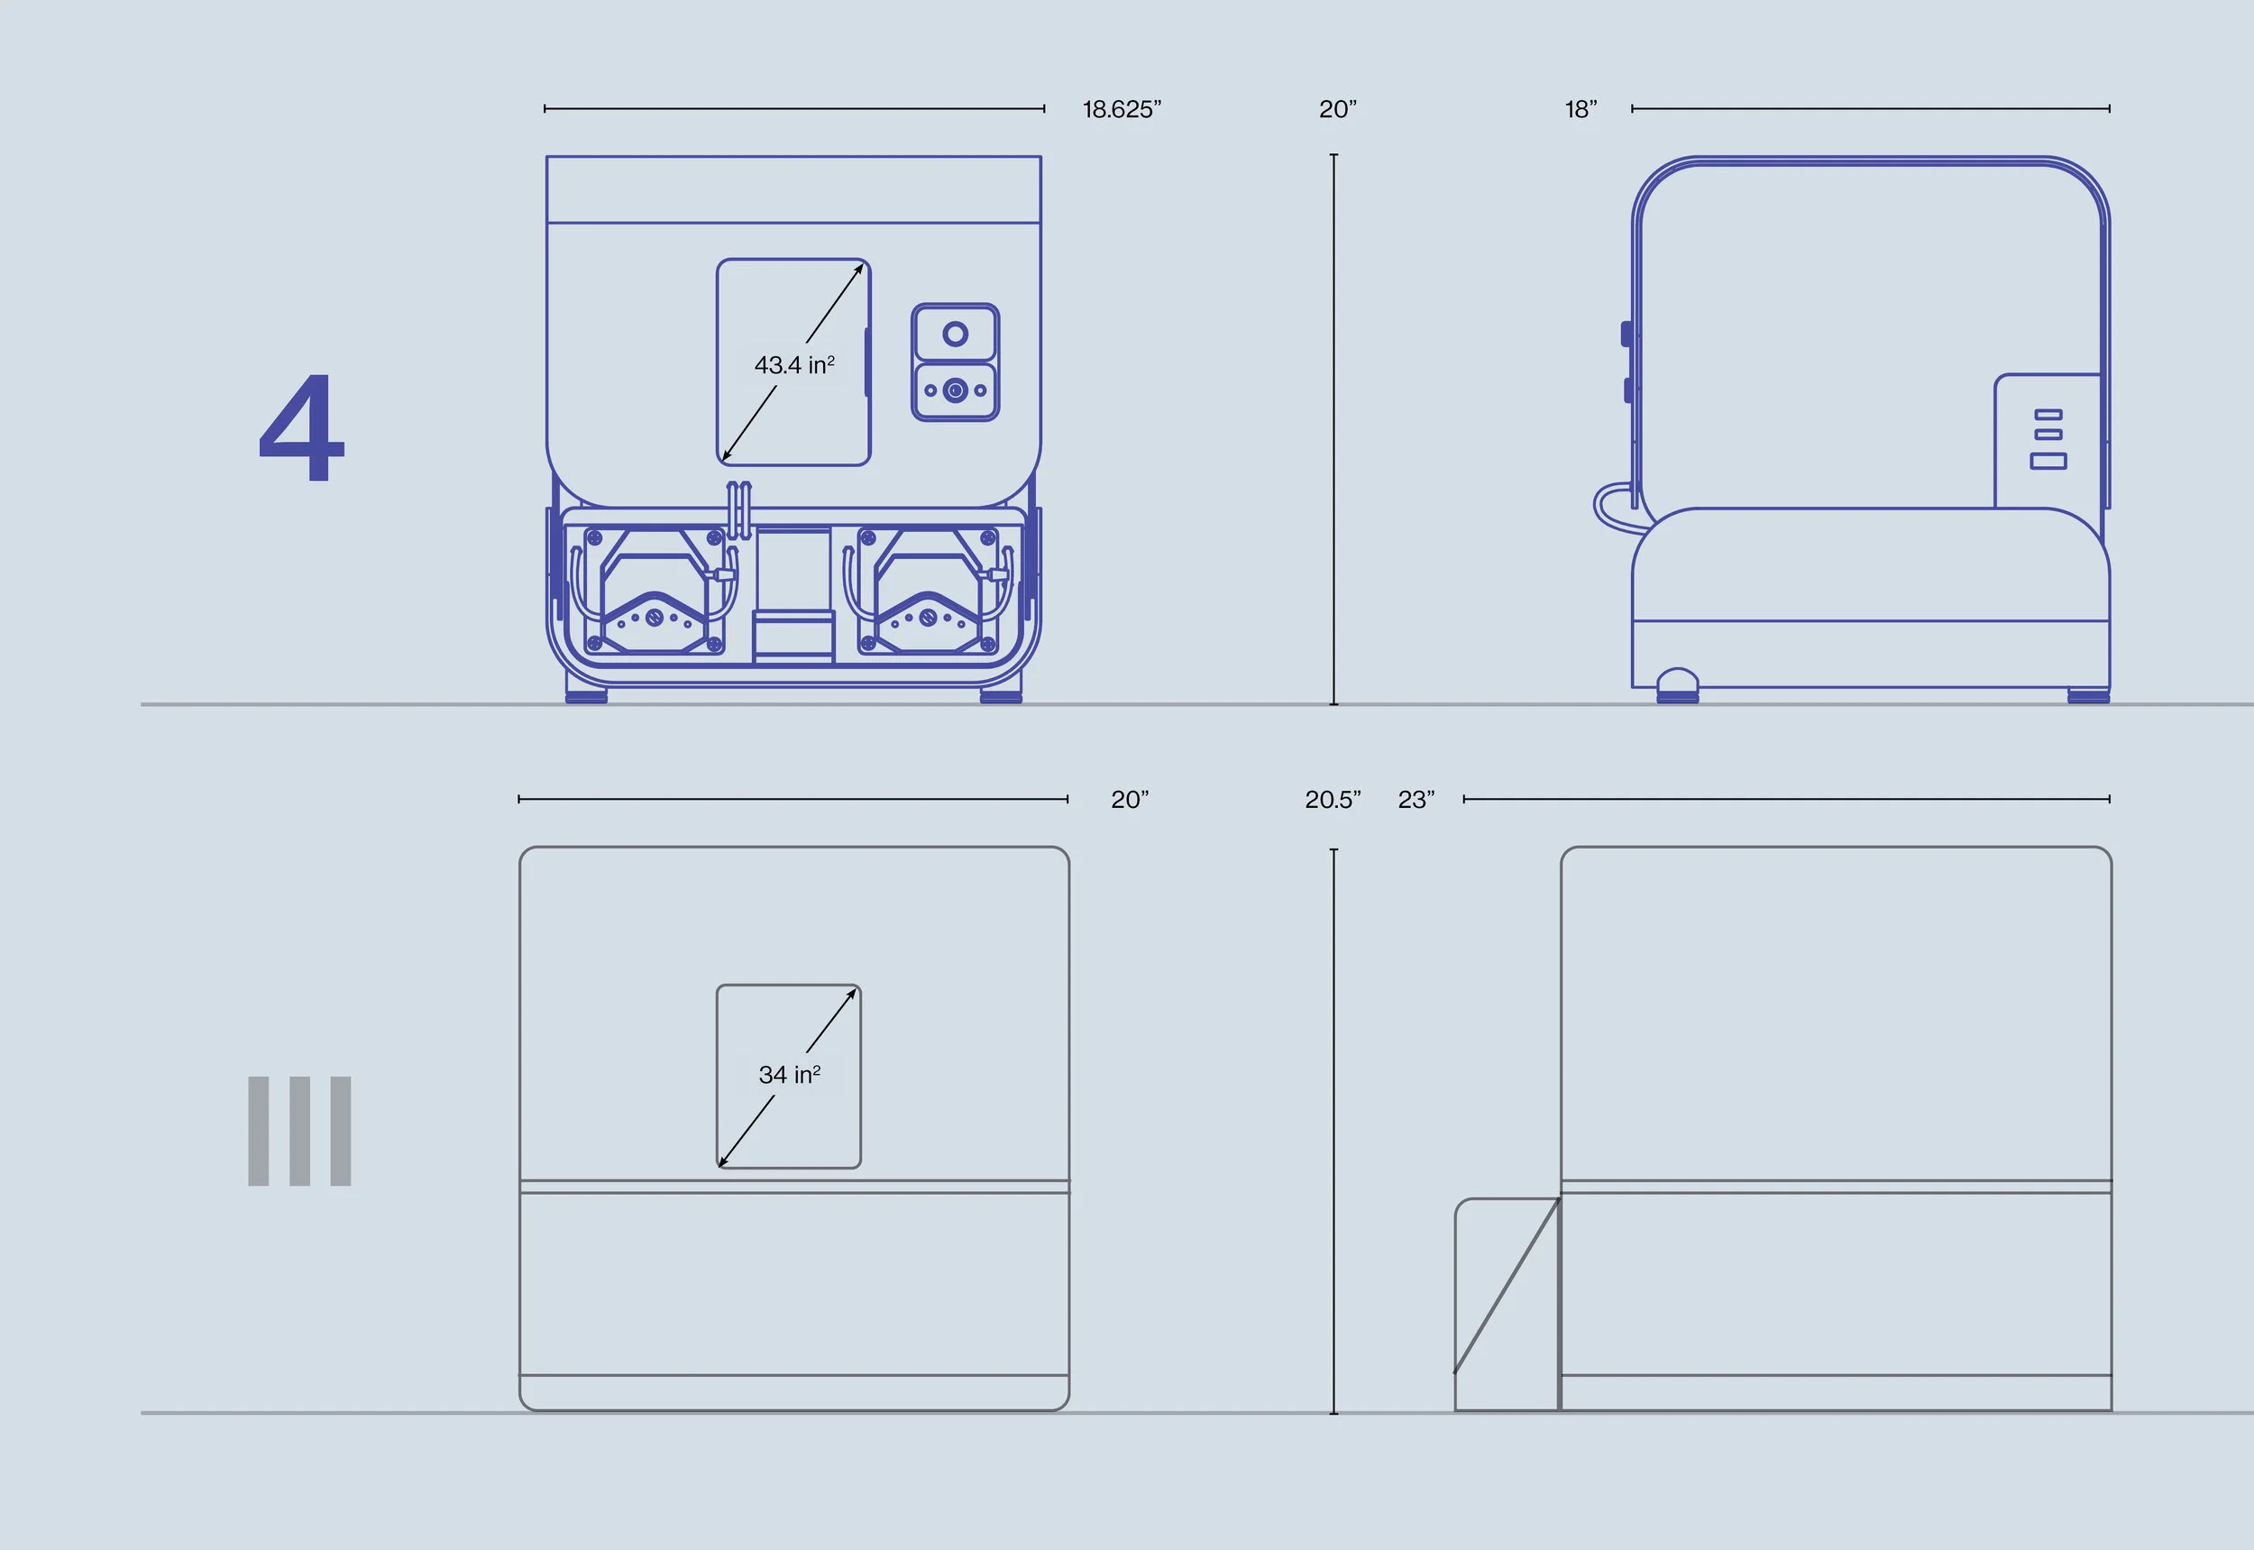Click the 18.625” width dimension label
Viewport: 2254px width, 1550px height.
click(1122, 110)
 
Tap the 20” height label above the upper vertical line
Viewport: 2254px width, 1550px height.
click(1337, 110)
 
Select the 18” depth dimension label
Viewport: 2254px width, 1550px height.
click(1580, 110)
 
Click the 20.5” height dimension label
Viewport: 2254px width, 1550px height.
click(1332, 801)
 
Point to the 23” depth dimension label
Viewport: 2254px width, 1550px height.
click(1415, 801)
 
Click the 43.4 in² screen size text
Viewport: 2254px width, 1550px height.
click(793, 365)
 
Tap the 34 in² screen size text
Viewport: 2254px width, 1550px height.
click(789, 1075)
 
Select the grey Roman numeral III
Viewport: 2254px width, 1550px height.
click(299, 1131)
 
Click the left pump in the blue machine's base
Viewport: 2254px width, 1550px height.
click(655, 592)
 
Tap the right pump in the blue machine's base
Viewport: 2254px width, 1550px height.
click(929, 592)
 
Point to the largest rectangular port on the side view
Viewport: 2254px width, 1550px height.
click(2048, 462)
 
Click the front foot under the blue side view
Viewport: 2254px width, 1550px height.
click(1677, 684)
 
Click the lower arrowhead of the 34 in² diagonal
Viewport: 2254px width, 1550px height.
click(721, 1162)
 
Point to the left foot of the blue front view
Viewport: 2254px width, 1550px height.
click(587, 696)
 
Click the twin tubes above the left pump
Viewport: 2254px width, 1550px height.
click(739, 509)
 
